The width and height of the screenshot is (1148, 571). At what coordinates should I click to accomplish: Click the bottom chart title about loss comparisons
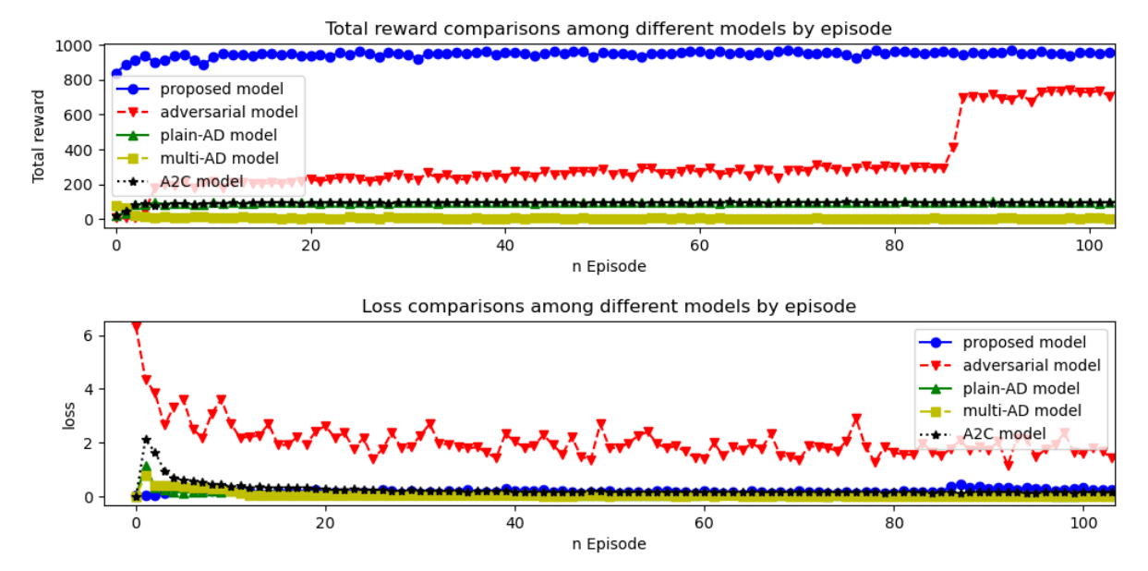(609, 306)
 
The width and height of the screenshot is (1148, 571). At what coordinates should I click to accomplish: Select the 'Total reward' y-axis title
(39, 136)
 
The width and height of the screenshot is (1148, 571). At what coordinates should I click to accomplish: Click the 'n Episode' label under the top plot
(607, 266)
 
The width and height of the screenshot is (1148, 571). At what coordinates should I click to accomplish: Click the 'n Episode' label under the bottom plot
(607, 543)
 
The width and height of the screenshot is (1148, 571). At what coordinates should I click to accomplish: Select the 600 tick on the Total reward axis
(80, 115)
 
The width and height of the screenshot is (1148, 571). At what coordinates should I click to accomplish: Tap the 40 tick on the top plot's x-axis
(504, 246)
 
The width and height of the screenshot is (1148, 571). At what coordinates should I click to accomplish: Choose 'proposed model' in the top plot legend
(221, 90)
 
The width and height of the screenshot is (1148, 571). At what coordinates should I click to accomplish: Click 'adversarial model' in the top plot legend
(228, 112)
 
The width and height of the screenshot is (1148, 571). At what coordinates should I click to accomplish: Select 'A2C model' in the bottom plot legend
(1004, 433)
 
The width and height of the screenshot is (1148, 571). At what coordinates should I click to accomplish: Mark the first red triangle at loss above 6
(137, 327)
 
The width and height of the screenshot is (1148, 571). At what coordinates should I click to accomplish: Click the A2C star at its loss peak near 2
(146, 440)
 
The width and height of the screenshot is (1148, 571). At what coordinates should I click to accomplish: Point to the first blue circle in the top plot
(116, 73)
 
